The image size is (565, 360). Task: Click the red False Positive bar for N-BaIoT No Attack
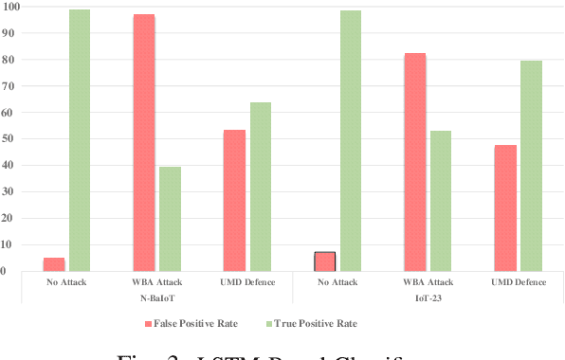(54, 264)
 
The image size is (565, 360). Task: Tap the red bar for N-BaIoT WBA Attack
(144, 142)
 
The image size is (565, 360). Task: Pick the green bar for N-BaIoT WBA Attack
(170, 219)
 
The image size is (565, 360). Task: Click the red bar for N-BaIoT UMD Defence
(234, 200)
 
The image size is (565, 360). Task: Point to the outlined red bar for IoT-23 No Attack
(325, 261)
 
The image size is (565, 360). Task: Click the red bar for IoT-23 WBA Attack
(415, 162)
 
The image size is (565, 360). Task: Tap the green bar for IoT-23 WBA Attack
(441, 201)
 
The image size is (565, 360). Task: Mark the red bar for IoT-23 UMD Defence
(505, 207)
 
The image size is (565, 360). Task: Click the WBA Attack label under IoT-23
(428, 282)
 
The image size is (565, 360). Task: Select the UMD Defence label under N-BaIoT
(246, 282)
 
